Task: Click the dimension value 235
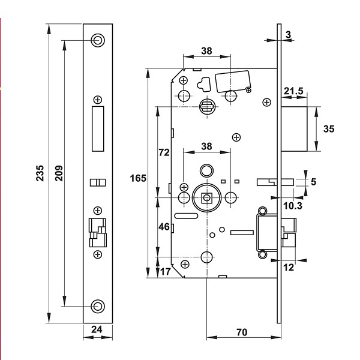(39, 174)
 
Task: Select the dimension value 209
(58, 174)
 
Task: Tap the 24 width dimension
(96, 329)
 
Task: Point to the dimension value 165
(139, 178)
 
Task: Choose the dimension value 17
(165, 271)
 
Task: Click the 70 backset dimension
(242, 332)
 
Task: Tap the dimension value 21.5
(293, 91)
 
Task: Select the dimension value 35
(328, 128)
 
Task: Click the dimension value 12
(288, 268)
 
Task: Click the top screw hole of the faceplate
(97, 40)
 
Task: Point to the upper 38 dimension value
(206, 51)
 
